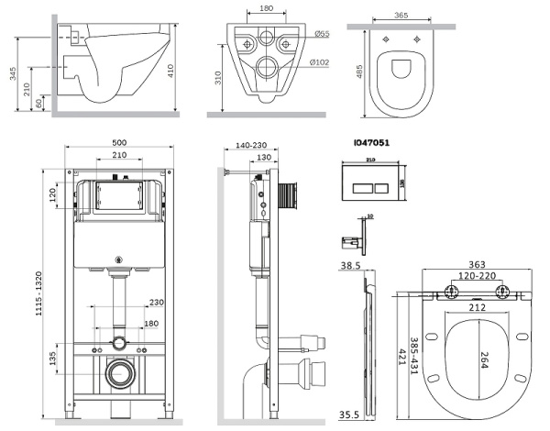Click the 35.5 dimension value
click(349, 414)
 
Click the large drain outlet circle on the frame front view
click(117, 374)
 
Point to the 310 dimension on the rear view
click(215, 80)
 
